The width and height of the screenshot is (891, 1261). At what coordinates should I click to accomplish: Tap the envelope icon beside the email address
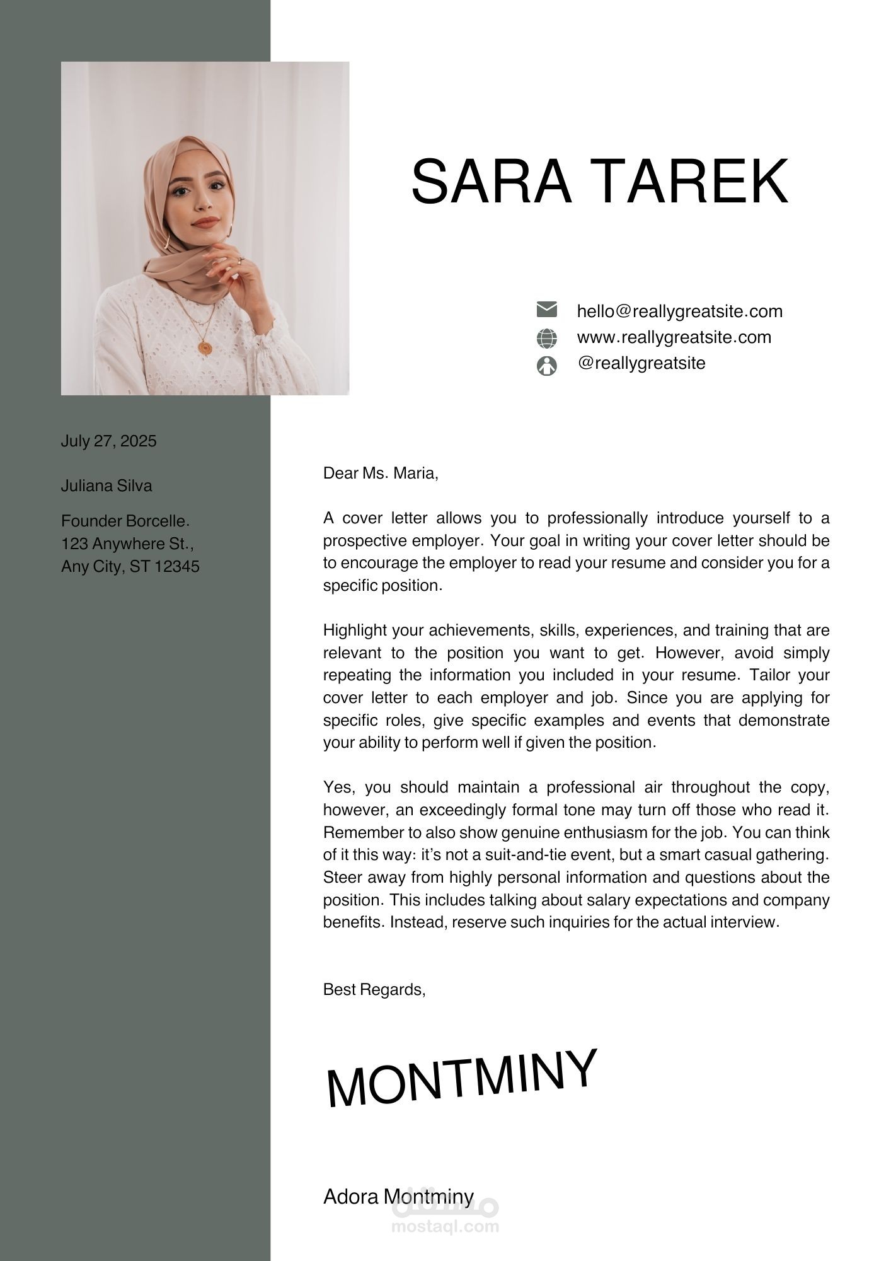pos(546,310)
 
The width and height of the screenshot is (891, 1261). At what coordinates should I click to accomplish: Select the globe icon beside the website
pos(546,339)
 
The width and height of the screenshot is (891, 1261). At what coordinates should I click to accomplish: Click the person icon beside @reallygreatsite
pos(546,366)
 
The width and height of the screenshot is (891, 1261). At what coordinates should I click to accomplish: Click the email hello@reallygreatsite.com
pos(679,311)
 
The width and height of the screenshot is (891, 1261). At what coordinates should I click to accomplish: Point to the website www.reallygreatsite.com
pos(674,337)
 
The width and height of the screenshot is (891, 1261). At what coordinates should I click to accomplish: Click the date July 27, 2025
pos(108,441)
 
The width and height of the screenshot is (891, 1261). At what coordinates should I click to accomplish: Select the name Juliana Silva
pos(106,485)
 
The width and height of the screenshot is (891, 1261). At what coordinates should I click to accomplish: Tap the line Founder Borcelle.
pos(125,521)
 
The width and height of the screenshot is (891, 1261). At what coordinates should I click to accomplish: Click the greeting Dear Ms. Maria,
pos(380,473)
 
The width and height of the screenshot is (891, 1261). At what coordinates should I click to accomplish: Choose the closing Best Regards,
pos(374,990)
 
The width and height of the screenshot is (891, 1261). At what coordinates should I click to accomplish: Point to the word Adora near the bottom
pos(350,1197)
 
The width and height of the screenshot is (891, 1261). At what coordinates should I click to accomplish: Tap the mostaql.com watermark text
pos(445,1226)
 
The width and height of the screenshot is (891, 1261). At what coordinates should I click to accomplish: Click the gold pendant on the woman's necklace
pos(205,347)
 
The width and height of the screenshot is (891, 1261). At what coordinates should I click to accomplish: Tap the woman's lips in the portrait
pos(205,222)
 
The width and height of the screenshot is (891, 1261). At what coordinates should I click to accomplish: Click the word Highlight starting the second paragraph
pos(355,630)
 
